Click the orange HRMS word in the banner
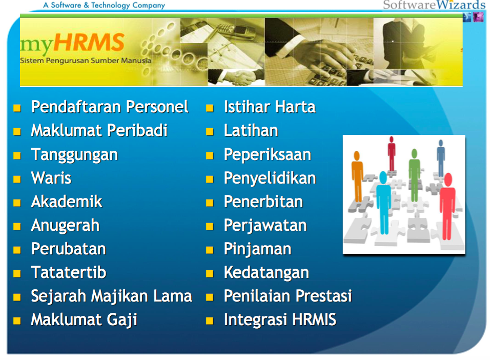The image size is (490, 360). click(x=89, y=42)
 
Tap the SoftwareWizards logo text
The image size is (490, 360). click(x=434, y=5)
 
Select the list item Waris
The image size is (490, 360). click(x=51, y=178)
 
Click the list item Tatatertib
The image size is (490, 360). click(x=69, y=272)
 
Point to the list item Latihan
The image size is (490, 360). click(x=251, y=130)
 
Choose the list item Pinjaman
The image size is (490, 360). click(x=257, y=249)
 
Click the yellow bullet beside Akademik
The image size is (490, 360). click(x=17, y=203)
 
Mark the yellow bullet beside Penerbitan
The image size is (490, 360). click(x=210, y=203)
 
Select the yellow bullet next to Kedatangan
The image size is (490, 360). click(x=210, y=274)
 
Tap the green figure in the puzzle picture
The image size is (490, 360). click(x=414, y=175)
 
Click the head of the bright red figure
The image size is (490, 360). click(x=448, y=179)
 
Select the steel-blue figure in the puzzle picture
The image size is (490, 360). click(x=441, y=158)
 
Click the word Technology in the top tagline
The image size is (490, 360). click(x=110, y=5)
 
